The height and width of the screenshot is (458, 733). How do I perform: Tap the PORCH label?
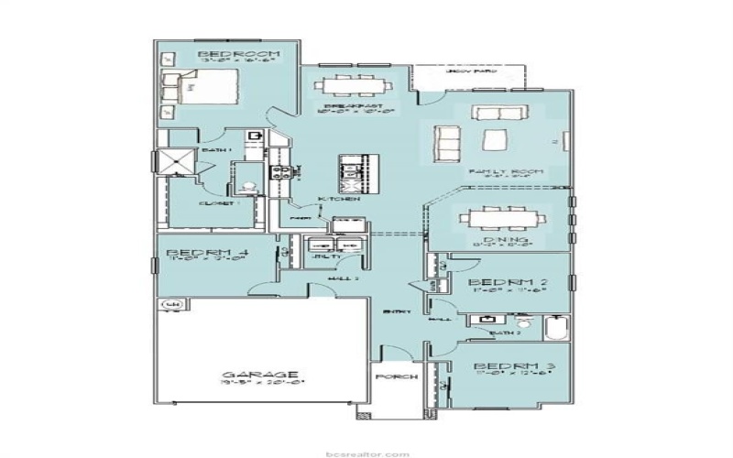point(397,376)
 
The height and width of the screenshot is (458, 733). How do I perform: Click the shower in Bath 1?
point(175,162)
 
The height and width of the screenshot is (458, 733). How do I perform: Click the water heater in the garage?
point(170,304)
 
